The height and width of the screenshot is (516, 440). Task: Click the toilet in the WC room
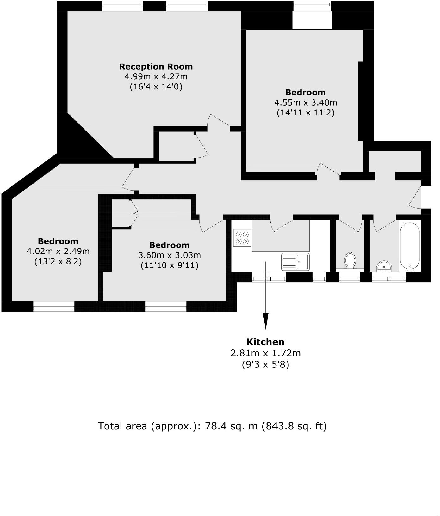point(350,260)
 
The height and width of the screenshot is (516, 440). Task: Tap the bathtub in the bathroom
point(410,246)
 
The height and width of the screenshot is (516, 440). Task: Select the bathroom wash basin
point(384,266)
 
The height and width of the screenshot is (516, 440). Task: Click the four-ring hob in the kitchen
point(242,238)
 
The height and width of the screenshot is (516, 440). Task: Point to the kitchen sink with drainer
point(295,261)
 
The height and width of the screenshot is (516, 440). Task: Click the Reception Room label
point(156,67)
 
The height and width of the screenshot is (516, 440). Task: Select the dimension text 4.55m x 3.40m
point(305,103)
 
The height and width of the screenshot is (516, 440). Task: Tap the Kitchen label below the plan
point(265,342)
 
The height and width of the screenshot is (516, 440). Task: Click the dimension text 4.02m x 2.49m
point(58,252)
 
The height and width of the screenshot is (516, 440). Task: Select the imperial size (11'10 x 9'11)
point(169,265)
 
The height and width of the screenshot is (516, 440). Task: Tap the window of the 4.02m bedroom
point(54,306)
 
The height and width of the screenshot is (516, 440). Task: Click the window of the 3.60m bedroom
point(166,306)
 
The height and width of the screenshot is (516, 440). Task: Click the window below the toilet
point(349,278)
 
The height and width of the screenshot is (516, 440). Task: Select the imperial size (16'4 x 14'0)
point(156,87)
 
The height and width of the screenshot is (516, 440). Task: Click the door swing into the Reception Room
point(218,122)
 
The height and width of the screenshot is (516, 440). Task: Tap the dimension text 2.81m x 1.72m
point(265,353)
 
